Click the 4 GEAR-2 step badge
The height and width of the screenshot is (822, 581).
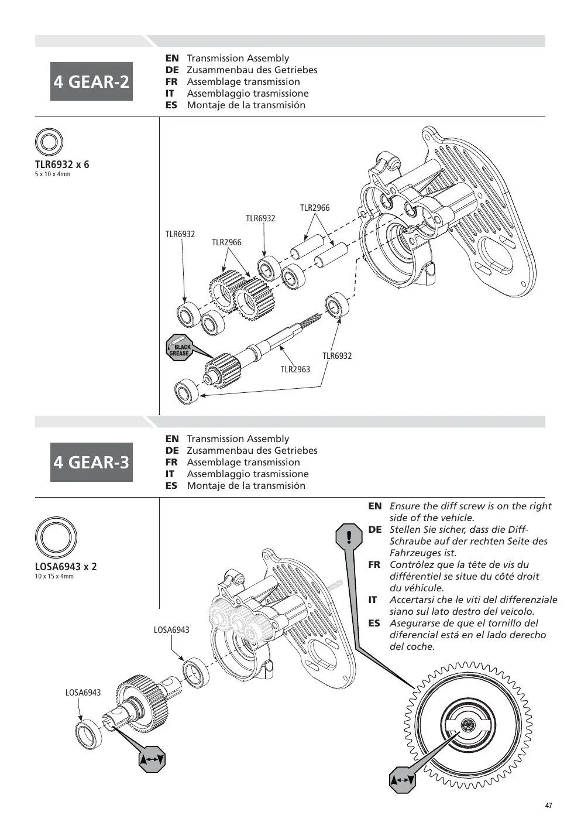[91, 81]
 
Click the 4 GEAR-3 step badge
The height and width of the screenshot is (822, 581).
[91, 462]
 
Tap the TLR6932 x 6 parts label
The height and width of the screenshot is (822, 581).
[62, 165]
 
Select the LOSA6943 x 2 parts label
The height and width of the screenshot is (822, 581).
[66, 567]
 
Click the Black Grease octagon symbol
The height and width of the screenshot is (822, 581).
[180, 348]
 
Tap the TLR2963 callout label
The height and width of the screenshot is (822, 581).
[295, 369]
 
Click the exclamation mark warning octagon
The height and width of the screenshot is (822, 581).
[349, 537]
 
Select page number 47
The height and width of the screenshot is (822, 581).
[548, 806]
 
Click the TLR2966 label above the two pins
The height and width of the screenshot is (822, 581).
[315, 208]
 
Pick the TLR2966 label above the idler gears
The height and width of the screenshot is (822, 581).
[226, 242]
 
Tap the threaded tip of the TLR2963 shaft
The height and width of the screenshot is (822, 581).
[311, 319]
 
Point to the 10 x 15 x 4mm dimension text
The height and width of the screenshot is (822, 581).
[54, 577]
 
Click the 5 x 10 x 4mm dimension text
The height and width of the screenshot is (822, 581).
[53, 174]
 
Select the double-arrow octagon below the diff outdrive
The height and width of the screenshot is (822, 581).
[152, 759]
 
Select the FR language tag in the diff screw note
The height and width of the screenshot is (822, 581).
[374, 565]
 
